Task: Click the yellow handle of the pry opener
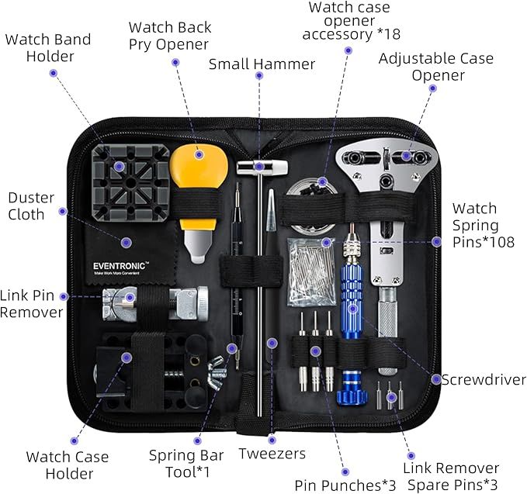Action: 199,174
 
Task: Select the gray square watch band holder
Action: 130,183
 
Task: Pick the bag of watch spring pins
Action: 311,272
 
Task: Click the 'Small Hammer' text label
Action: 262,64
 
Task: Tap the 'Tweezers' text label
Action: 272,454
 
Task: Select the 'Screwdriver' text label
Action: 484,380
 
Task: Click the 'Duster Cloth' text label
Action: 31,206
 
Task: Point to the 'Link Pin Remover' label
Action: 31,304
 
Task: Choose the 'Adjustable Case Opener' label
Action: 436,67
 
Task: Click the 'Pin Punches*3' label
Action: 345,485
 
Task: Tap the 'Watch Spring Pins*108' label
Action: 483,226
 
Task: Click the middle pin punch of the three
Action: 315,351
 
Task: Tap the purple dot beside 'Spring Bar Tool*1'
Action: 198,441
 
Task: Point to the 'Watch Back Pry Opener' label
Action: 170,36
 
